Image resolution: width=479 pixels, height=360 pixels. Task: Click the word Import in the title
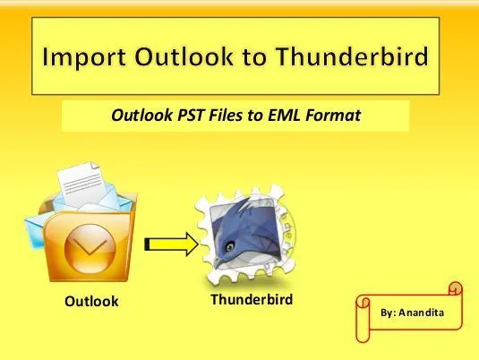83,56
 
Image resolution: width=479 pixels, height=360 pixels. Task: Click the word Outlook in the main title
184,56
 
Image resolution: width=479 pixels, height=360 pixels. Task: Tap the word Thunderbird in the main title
352,56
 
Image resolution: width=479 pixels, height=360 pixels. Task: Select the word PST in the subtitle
191,116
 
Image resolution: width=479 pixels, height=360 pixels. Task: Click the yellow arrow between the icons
172,244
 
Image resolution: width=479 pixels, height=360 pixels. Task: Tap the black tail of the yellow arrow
147,244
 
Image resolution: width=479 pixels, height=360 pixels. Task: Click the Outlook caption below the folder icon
91,301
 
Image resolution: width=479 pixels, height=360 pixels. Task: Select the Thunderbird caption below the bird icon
252,299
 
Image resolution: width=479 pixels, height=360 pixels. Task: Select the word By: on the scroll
389,313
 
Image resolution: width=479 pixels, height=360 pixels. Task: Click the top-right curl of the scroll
455,288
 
